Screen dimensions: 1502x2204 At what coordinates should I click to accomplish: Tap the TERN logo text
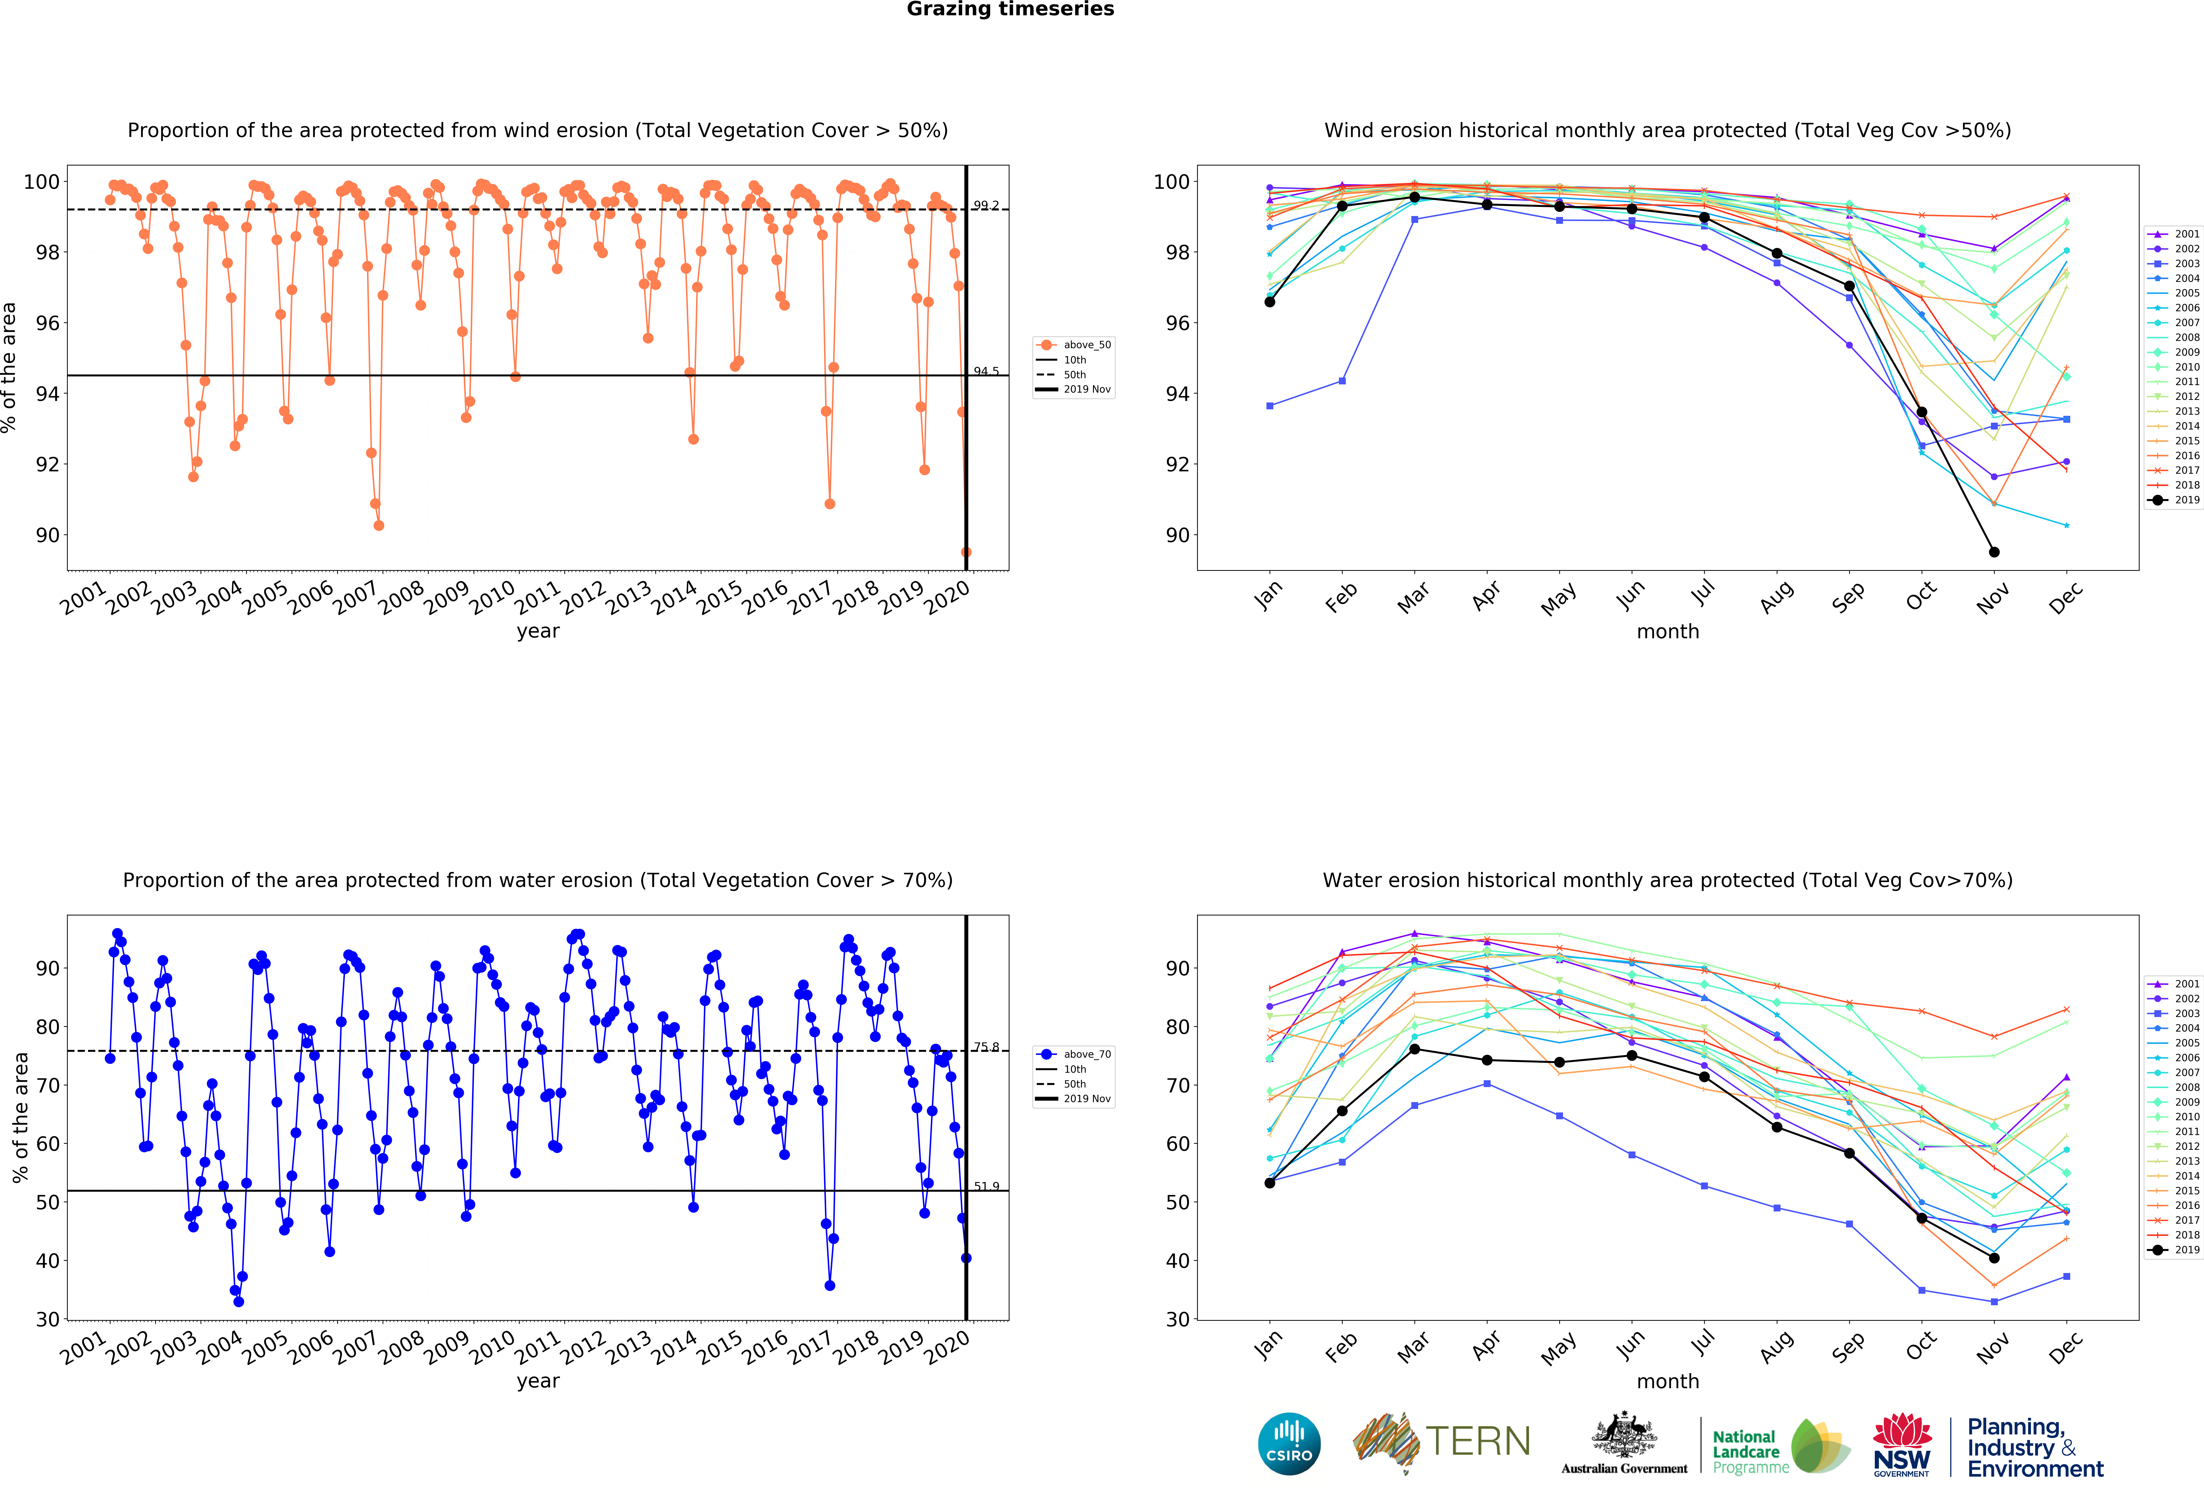[1478, 1441]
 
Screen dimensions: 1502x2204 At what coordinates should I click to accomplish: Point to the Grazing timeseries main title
[1010, 9]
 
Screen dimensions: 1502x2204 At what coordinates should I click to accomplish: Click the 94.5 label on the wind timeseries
[986, 371]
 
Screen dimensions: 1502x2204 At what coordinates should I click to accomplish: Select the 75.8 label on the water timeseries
[986, 1047]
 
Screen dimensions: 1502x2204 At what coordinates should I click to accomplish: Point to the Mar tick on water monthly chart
[1413, 1347]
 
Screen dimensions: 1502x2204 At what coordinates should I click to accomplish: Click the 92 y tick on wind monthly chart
[1176, 465]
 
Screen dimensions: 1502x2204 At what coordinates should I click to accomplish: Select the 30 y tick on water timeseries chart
[47, 1319]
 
